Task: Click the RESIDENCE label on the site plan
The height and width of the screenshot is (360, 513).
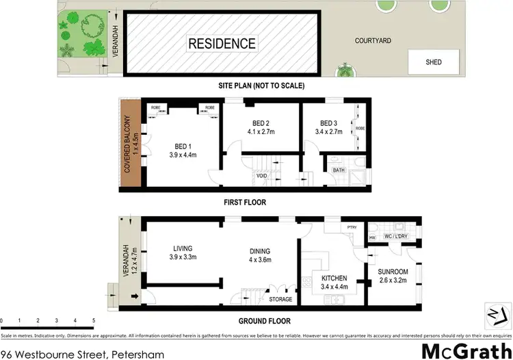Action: click(x=222, y=44)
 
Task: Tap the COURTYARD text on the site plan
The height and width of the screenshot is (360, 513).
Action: click(x=373, y=41)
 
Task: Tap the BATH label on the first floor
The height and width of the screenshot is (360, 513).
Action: click(x=339, y=170)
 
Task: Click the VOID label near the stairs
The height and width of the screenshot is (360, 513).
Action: click(x=261, y=176)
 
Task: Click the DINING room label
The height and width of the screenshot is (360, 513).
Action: click(x=260, y=251)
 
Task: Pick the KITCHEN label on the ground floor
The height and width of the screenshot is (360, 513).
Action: click(x=334, y=279)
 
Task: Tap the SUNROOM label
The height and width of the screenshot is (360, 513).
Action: click(x=394, y=272)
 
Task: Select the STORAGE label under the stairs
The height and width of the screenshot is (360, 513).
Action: click(x=280, y=299)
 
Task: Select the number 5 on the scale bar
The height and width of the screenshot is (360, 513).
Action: click(x=94, y=320)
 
